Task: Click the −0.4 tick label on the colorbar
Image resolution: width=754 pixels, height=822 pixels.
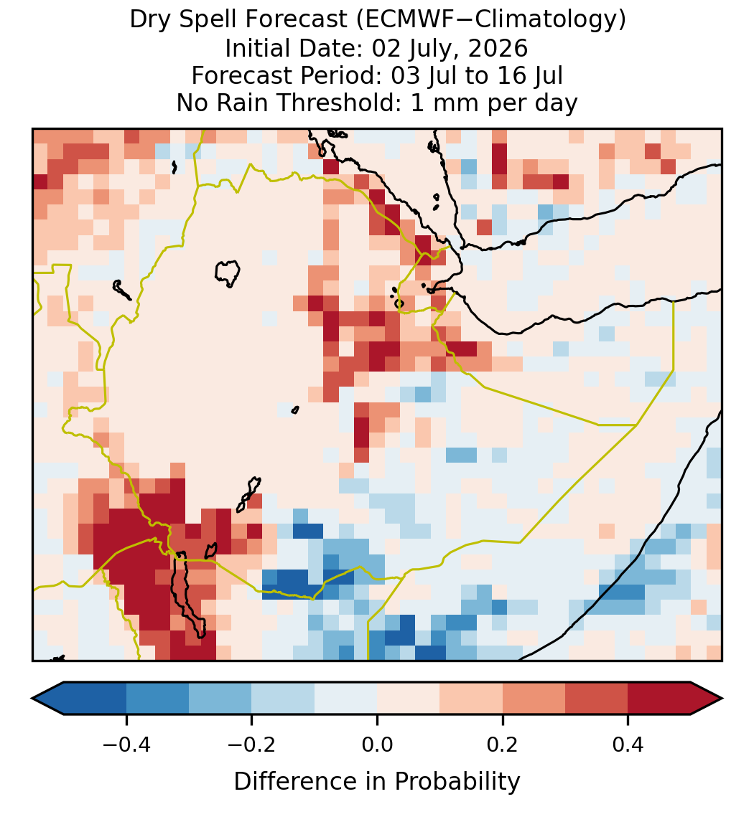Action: [x=126, y=745]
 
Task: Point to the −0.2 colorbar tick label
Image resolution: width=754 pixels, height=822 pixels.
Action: [x=252, y=745]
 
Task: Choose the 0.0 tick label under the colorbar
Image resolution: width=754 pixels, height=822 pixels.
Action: [x=377, y=745]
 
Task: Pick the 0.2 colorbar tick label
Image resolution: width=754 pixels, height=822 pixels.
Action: [x=503, y=745]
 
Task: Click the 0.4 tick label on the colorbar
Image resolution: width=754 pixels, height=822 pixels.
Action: [x=628, y=745]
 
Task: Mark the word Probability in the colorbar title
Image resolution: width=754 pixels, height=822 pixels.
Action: [x=457, y=782]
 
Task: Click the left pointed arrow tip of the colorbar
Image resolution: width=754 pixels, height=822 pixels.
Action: [x=32, y=699]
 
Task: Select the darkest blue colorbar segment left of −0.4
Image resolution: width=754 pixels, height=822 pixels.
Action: [x=95, y=699]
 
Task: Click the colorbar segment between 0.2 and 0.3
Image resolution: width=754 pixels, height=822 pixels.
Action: [x=534, y=699]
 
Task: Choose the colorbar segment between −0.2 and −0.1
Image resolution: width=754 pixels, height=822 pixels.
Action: [x=283, y=699]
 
